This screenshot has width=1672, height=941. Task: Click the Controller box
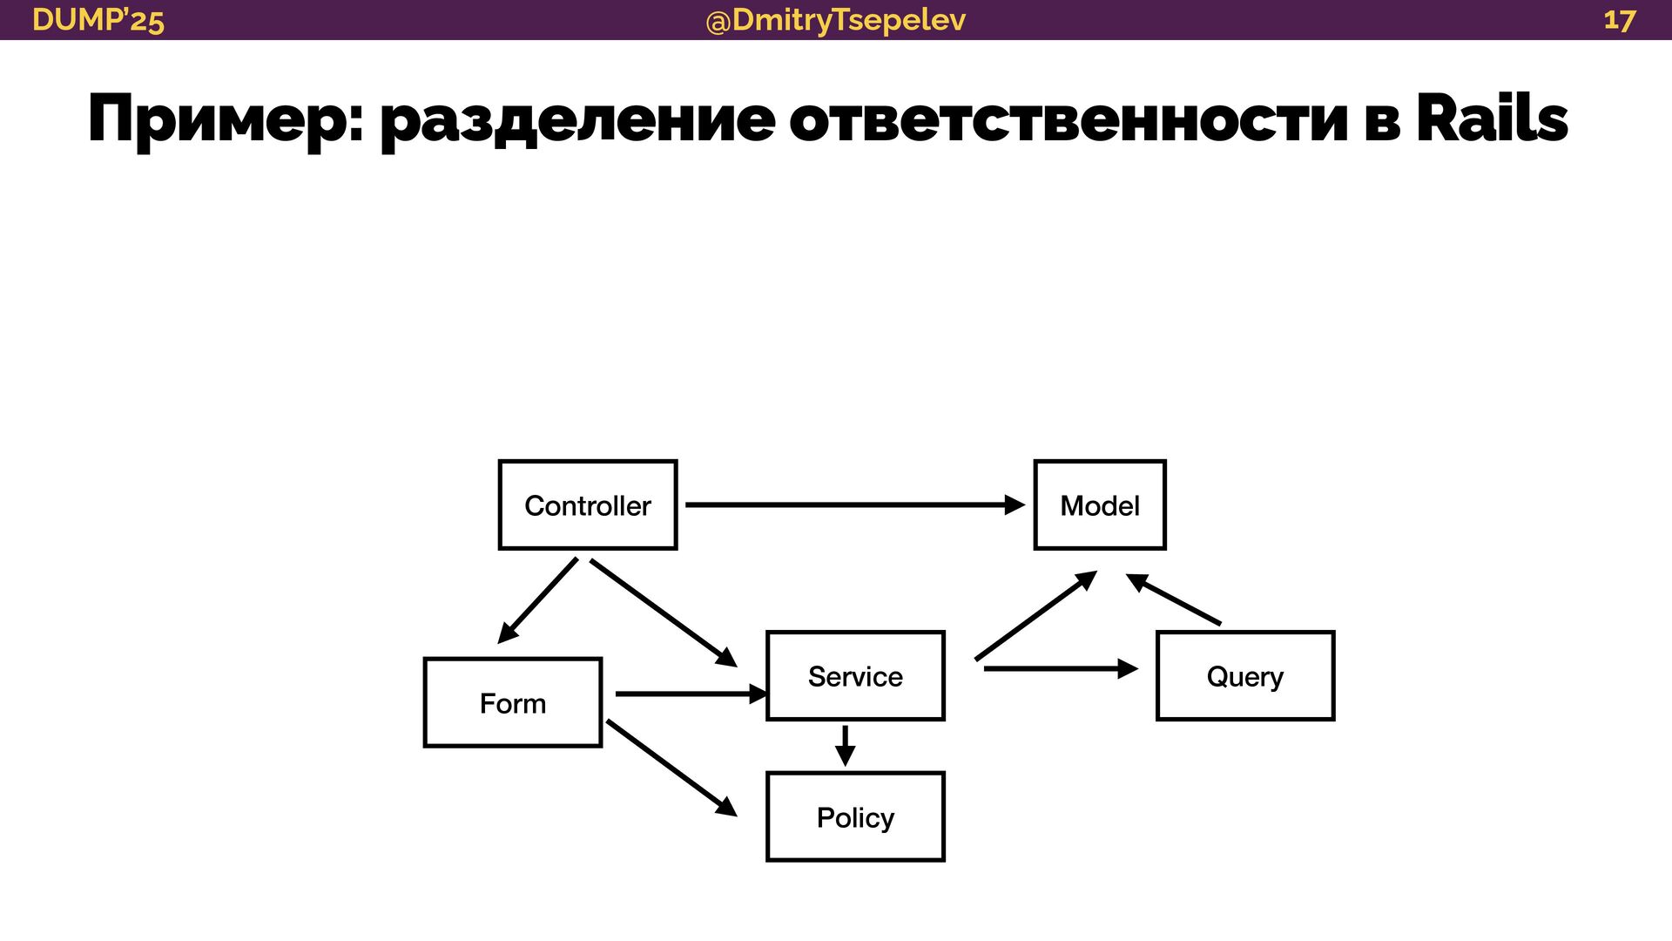pyautogui.click(x=588, y=505)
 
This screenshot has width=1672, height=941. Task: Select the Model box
pyautogui.click(x=1099, y=505)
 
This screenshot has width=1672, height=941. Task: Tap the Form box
pyautogui.click(x=513, y=703)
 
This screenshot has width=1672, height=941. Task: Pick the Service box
pyautogui.click(x=855, y=676)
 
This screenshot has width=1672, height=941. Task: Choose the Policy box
pyautogui.click(x=855, y=817)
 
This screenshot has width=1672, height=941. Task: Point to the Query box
pyautogui.click(x=1244, y=676)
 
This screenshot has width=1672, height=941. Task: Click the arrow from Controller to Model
pyautogui.click(x=853, y=504)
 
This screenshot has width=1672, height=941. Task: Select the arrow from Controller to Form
pyautogui.click(x=538, y=600)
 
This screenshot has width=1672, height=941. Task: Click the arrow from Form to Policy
pyautogui.click(x=671, y=768)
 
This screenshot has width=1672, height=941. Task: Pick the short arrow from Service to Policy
pyautogui.click(x=845, y=745)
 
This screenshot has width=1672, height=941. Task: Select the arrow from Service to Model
pyautogui.click(x=1035, y=616)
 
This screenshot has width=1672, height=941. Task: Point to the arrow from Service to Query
pyautogui.click(x=1060, y=668)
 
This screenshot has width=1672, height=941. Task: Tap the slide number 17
pyautogui.click(x=1620, y=20)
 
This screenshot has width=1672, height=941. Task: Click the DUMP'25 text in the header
pyautogui.click(x=98, y=20)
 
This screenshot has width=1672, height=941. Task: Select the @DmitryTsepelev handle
pyautogui.click(x=835, y=20)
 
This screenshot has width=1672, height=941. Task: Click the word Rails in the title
pyautogui.click(x=1491, y=119)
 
